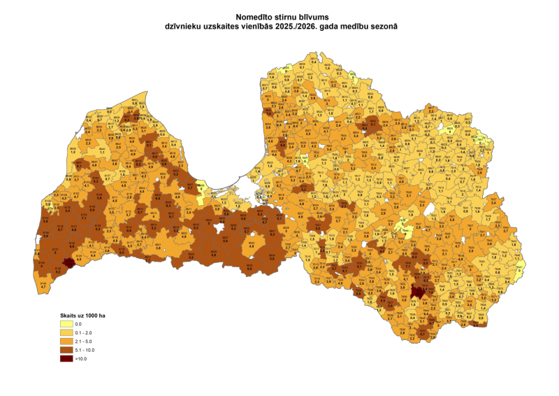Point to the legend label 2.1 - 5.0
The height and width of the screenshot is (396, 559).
pos(87,341)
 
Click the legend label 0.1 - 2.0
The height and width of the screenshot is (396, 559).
pos(87,333)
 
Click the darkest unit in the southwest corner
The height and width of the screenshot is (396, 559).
pos(68,263)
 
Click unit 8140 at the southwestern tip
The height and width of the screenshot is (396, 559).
pos(43,283)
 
